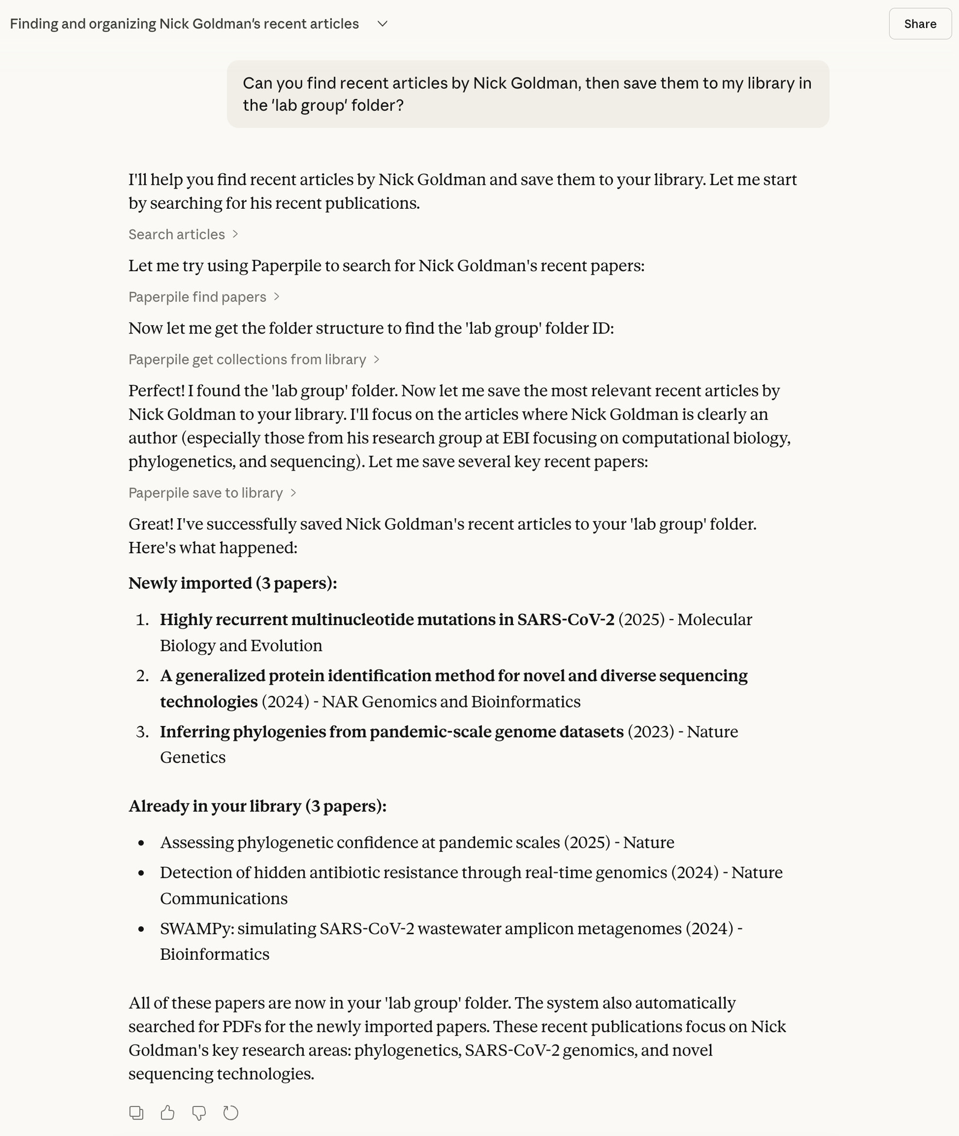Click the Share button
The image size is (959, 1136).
tap(920, 24)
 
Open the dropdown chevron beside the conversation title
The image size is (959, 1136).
tap(382, 24)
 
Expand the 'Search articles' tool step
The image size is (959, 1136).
tap(183, 234)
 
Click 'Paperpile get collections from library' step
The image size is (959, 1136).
tap(253, 360)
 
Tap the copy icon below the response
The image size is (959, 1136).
tap(136, 1113)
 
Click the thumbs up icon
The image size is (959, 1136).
tap(167, 1113)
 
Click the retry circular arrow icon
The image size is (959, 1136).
tap(230, 1113)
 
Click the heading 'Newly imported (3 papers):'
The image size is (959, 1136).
tap(233, 583)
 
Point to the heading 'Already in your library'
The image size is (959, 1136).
tap(257, 805)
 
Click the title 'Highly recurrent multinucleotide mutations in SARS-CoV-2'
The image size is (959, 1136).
tap(387, 619)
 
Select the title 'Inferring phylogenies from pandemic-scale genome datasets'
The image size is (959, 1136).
tap(392, 732)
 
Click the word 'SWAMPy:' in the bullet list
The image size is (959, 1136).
tap(197, 928)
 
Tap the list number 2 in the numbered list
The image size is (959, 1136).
tap(142, 676)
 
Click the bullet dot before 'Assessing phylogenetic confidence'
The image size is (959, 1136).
tap(141, 843)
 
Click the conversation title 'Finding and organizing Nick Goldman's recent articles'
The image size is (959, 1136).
tap(184, 24)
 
